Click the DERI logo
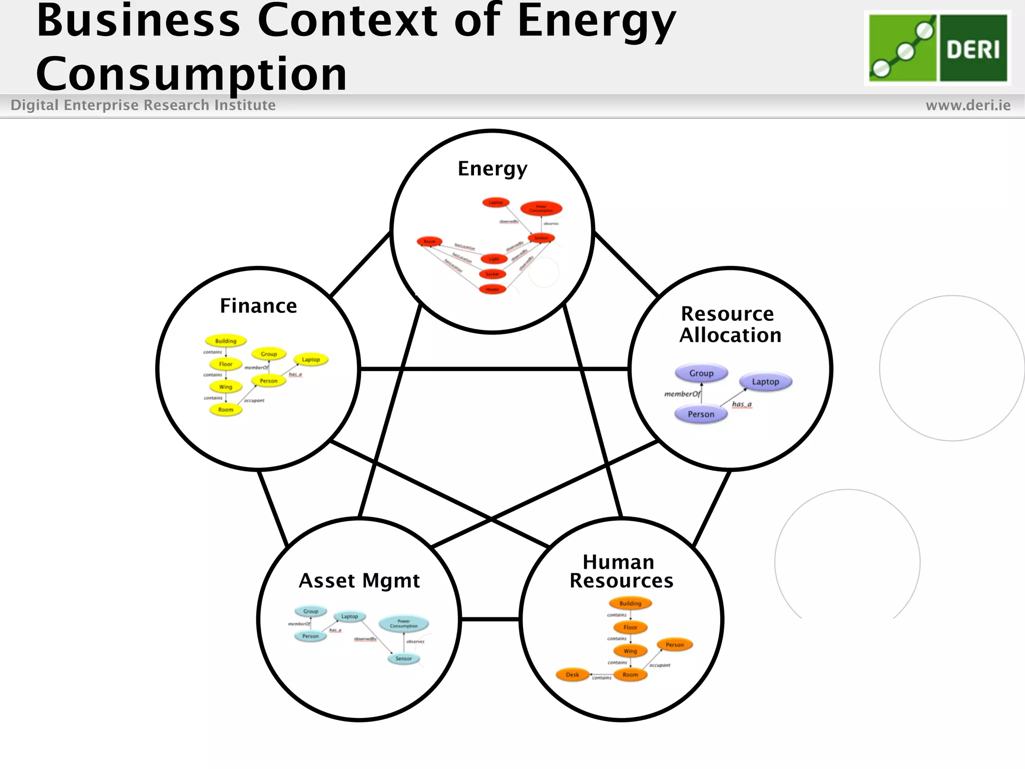tap(937, 48)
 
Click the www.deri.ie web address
tap(968, 105)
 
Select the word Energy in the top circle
tap(492, 169)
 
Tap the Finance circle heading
tap(258, 306)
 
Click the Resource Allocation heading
tap(730, 324)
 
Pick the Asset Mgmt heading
tap(359, 581)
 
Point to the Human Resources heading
tap(621, 571)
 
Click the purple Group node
tap(701, 373)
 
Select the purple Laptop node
tap(765, 382)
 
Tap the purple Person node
tap(701, 415)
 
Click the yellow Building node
tap(226, 341)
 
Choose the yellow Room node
tap(226, 410)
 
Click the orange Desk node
tap(572, 675)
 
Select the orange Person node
tap(675, 645)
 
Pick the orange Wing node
tap(630, 651)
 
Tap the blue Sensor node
tap(403, 659)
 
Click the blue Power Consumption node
tap(403, 624)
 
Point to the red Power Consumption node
tap(541, 208)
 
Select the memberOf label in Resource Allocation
tap(682, 394)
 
